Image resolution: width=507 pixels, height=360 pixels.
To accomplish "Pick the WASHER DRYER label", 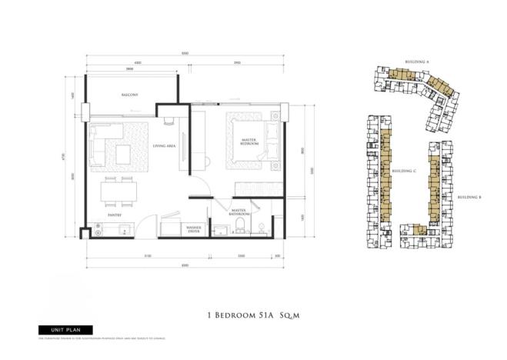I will [x=193, y=228].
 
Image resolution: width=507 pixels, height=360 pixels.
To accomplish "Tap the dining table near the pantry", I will [x=117, y=191].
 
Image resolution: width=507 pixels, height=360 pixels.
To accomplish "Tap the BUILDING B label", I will [x=469, y=198].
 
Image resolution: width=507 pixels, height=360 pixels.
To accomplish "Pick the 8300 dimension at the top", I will [x=185, y=53].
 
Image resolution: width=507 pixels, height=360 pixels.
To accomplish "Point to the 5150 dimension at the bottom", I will [x=147, y=255].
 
